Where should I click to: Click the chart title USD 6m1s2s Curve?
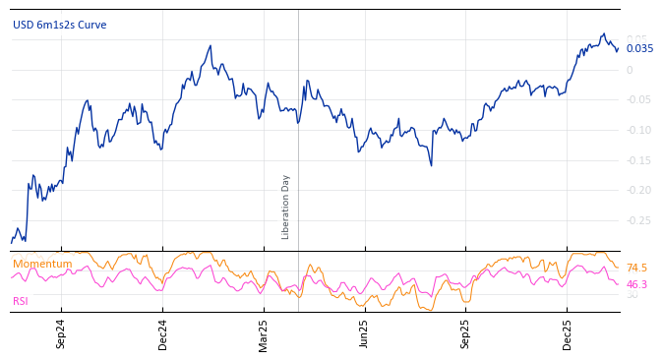coord(59,25)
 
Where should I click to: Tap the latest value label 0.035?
coord(639,48)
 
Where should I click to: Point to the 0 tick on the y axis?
coord(630,70)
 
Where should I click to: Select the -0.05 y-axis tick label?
coord(637,99)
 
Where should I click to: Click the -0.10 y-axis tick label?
coord(637,130)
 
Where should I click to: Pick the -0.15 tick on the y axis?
coord(637,160)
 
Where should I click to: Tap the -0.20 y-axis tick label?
coord(637,190)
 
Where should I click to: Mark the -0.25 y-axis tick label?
coord(637,220)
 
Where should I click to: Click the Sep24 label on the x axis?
coord(61,333)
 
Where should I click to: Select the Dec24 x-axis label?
coord(163,333)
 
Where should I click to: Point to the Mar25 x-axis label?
coord(264,333)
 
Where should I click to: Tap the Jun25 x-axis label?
coord(364,333)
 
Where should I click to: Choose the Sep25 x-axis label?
coord(465,333)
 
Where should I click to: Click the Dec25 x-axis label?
coord(568,333)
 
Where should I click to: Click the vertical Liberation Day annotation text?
coord(286,207)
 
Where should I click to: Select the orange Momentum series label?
coord(42,264)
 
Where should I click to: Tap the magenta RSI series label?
coord(21,301)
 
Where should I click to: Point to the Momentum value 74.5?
coord(636,268)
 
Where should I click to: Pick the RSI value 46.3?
coord(636,284)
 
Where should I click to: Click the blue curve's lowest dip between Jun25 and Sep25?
coord(431,164)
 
